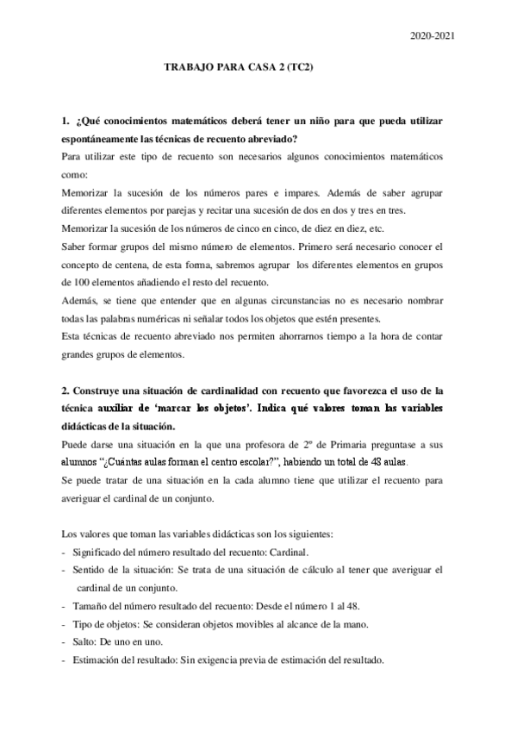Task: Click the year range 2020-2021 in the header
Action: (433, 35)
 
